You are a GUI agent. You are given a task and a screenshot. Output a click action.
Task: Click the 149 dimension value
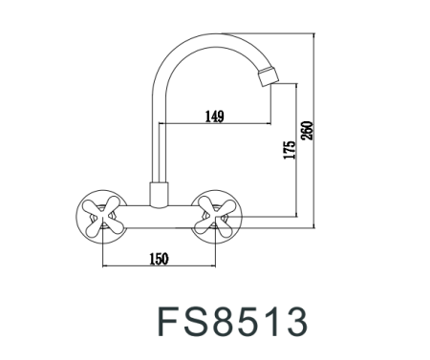(214, 116)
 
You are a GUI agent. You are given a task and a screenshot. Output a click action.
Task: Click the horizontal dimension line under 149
(214, 125)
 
